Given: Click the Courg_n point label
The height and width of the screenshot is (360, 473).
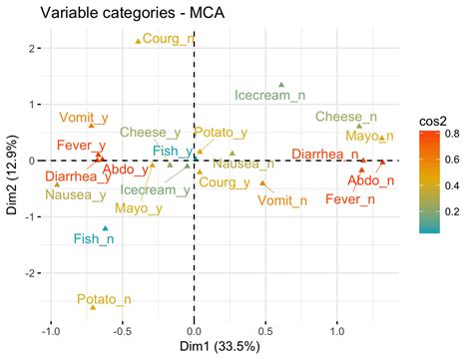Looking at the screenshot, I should (x=168, y=39).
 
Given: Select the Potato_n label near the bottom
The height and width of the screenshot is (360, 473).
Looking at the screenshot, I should (x=104, y=298).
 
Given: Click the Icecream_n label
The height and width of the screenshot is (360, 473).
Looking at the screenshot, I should (x=269, y=96).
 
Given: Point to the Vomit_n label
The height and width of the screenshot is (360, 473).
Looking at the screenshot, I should (x=282, y=200).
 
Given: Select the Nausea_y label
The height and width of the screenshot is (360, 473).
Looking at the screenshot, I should (x=76, y=194).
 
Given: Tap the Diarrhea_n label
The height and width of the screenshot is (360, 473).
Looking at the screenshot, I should (x=324, y=154).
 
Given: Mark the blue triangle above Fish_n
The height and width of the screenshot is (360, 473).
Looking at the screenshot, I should (x=105, y=228).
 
